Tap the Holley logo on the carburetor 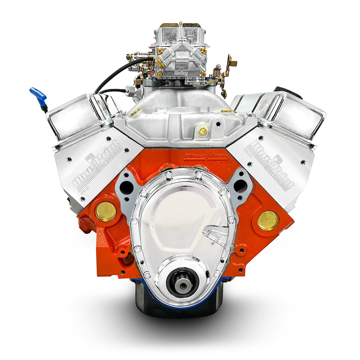click(x=181, y=73)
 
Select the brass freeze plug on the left click(x=106, y=211)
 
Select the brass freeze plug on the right click(x=268, y=220)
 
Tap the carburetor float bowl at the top click(x=180, y=33)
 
